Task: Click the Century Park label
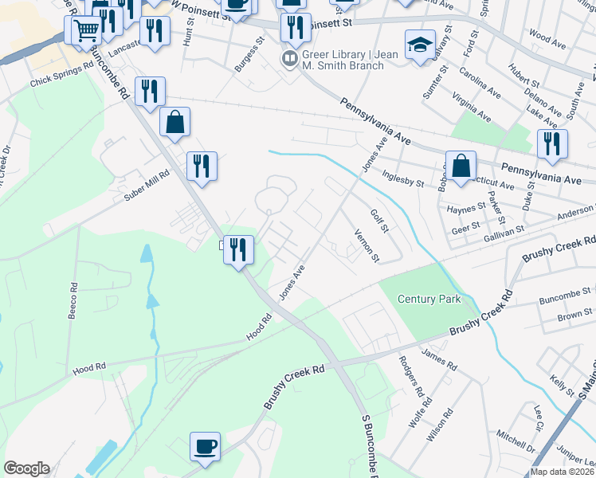[x=429, y=299]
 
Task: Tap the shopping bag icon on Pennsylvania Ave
[x=461, y=167]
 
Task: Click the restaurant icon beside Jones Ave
[x=237, y=250]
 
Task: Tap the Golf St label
[x=379, y=220]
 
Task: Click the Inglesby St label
[x=403, y=178]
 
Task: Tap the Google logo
[x=26, y=468]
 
